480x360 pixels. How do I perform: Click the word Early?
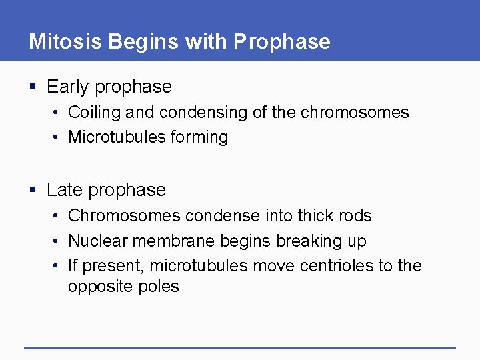coord(69,87)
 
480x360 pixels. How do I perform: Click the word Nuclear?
coord(94,241)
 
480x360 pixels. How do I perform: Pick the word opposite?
coord(96,287)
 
